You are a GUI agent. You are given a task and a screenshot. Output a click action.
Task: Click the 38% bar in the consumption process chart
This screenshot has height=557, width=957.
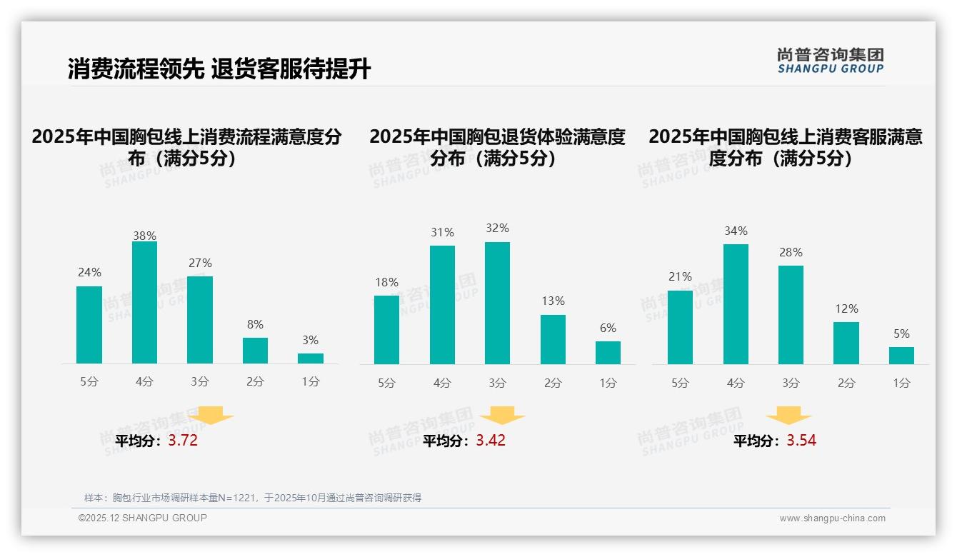tap(144, 303)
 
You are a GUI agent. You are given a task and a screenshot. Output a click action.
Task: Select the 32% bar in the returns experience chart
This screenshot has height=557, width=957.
tap(497, 303)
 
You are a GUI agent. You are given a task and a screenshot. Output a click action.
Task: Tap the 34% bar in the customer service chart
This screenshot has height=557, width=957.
tap(736, 304)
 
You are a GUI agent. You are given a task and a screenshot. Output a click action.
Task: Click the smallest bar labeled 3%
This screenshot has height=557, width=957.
tap(311, 358)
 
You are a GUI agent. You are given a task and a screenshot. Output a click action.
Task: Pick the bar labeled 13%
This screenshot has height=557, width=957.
tap(553, 339)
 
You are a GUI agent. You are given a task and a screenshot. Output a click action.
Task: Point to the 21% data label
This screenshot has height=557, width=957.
tap(680, 276)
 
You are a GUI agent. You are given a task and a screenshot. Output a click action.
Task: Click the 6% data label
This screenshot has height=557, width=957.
tap(608, 328)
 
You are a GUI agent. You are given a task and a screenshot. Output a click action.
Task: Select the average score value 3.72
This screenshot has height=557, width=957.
tap(183, 441)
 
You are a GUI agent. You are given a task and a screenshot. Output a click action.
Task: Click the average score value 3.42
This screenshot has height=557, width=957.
tap(491, 441)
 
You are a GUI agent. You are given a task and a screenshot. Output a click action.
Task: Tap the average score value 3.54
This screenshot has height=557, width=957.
tap(801, 441)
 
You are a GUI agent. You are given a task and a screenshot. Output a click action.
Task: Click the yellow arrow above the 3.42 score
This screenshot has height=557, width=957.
tap(502, 416)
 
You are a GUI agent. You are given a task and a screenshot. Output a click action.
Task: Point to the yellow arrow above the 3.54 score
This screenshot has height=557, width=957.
tap(788, 416)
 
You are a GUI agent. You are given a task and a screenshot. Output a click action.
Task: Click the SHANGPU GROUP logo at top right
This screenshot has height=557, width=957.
tap(830, 61)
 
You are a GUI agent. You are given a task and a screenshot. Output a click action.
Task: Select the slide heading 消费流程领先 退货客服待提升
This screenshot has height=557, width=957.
tap(219, 69)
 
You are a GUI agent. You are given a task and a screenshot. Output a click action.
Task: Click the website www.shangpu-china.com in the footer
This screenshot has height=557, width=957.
tap(832, 518)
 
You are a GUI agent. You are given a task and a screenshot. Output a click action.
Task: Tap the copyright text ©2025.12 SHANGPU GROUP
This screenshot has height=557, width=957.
tap(143, 518)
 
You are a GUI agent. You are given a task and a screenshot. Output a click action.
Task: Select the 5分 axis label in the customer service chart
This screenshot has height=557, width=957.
tap(680, 383)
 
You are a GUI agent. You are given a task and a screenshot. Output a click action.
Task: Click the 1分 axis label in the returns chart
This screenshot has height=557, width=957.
tap(608, 383)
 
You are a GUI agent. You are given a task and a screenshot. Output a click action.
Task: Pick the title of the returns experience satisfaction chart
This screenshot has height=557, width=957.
tap(497, 147)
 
